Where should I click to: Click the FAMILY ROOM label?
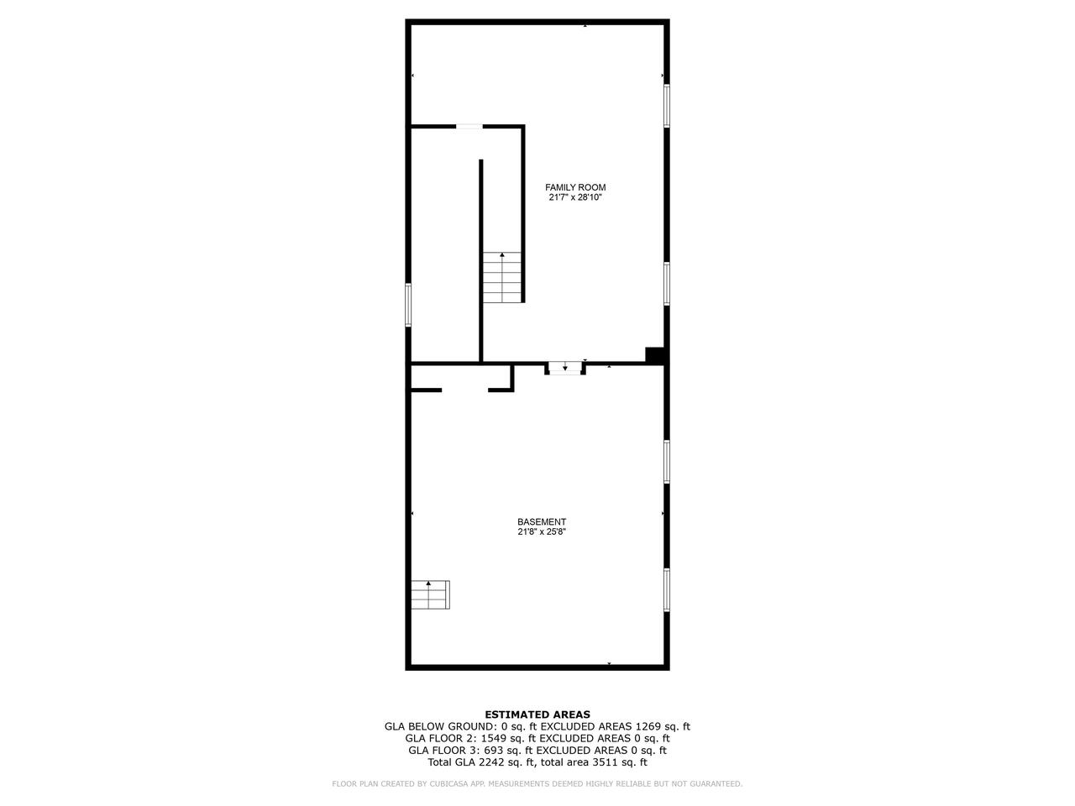pyautogui.click(x=575, y=187)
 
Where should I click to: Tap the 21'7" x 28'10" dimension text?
pyautogui.click(x=575, y=198)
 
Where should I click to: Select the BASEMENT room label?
pyautogui.click(x=542, y=521)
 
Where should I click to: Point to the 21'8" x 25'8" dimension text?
pyautogui.click(x=542, y=531)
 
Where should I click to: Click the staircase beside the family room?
pyautogui.click(x=502, y=278)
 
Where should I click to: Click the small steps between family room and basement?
pyautogui.click(x=564, y=368)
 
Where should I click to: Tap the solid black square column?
pyautogui.click(x=654, y=355)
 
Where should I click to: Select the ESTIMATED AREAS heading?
pyautogui.click(x=537, y=714)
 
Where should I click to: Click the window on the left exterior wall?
pyautogui.click(x=408, y=304)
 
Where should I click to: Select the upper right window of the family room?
pyautogui.click(x=667, y=106)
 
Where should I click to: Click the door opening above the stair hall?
pyautogui.click(x=469, y=127)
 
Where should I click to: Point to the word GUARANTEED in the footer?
pyautogui.click(x=715, y=784)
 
